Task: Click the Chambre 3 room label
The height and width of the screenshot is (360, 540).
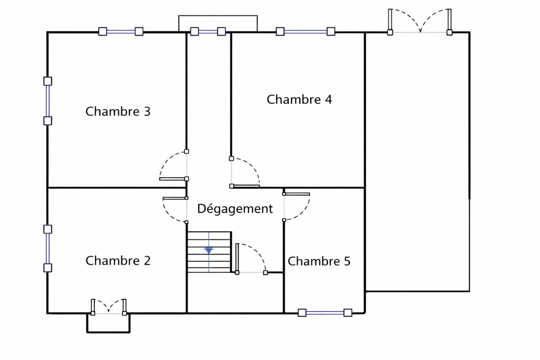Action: (118, 111)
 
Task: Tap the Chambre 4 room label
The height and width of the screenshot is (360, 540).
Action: (299, 99)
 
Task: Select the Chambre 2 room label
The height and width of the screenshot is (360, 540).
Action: (118, 261)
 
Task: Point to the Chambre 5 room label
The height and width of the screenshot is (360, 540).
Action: (319, 261)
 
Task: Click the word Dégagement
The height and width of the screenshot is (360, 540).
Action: (235, 209)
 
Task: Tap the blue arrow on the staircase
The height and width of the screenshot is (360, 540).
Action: (209, 250)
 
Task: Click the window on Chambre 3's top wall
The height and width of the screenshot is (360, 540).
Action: (121, 31)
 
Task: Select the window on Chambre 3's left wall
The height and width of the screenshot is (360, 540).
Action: (47, 101)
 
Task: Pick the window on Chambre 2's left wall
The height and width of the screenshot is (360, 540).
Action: (47, 248)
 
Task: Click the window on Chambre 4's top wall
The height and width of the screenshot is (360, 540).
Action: (306, 31)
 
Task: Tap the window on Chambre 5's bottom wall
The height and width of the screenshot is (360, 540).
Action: (325, 313)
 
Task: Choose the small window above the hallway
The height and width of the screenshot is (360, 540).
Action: (208, 31)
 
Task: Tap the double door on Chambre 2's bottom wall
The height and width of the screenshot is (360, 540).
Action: (108, 307)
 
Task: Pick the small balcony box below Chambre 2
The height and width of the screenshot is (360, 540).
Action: (108, 323)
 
